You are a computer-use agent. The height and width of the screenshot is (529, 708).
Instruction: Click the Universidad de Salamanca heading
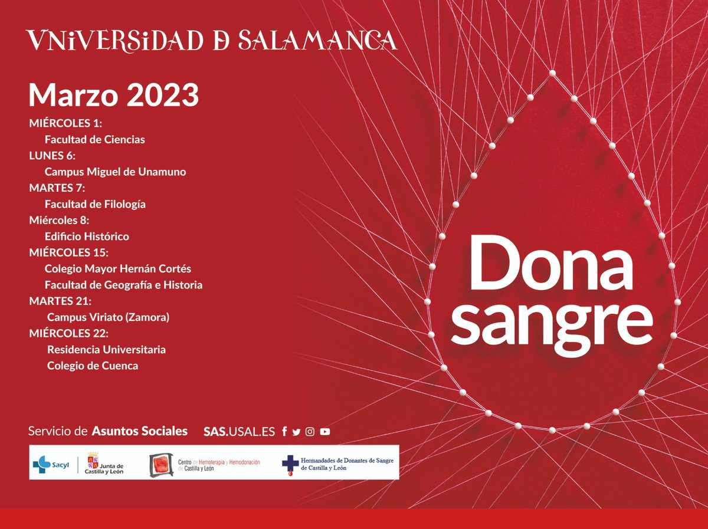[x=211, y=40]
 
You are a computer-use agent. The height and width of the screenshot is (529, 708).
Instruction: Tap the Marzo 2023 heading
[x=113, y=95]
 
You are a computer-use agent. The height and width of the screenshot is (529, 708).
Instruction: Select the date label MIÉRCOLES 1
[x=65, y=123]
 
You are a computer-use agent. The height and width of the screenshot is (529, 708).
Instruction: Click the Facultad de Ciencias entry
[x=94, y=140]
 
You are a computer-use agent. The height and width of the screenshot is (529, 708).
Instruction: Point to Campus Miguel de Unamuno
[x=115, y=172]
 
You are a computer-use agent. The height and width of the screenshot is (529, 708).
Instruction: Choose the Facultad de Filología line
[x=95, y=204]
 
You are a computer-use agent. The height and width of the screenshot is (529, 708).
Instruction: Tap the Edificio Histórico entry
[x=87, y=236]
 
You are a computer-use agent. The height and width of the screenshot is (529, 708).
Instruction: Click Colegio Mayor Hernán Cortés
[x=117, y=269]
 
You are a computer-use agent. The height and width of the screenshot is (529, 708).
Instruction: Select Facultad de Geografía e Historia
[x=123, y=285]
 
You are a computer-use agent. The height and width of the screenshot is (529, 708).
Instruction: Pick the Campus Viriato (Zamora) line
[x=108, y=317]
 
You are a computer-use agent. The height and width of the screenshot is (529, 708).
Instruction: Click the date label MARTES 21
[x=58, y=301]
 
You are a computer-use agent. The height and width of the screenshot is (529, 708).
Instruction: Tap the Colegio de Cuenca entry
[x=93, y=366]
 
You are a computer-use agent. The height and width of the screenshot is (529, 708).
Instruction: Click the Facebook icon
[x=284, y=432]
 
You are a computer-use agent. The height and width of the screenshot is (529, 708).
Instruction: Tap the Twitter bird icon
[x=296, y=432]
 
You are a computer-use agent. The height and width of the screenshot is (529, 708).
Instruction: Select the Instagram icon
[x=310, y=432]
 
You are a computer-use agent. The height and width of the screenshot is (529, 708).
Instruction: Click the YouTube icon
[x=324, y=432]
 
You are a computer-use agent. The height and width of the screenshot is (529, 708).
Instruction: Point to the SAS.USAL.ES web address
[x=239, y=432]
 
